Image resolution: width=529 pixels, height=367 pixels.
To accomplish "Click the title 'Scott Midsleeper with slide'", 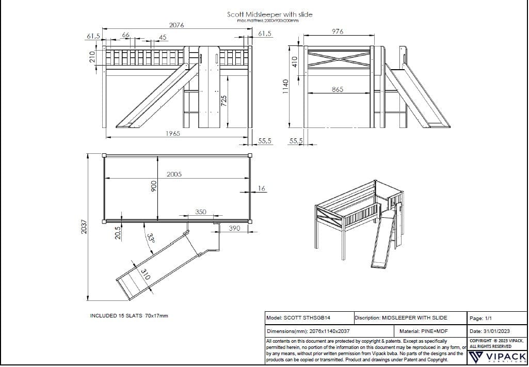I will [x=269, y=14].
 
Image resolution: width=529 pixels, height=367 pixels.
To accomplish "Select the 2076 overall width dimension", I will [x=177, y=25].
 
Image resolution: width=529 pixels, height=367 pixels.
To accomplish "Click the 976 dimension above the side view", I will [x=337, y=31].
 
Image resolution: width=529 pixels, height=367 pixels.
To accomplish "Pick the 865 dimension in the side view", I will [x=337, y=90].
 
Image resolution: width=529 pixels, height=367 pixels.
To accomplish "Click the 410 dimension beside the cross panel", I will [x=295, y=61].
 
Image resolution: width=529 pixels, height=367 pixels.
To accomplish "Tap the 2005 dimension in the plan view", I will [x=174, y=174].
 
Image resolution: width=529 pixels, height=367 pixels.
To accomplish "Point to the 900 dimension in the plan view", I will [x=153, y=187].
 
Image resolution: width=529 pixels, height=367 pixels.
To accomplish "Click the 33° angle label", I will [x=150, y=238].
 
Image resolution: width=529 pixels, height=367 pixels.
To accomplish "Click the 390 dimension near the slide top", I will [x=234, y=228].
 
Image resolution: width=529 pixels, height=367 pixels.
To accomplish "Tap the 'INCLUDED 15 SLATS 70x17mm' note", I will [x=129, y=315].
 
